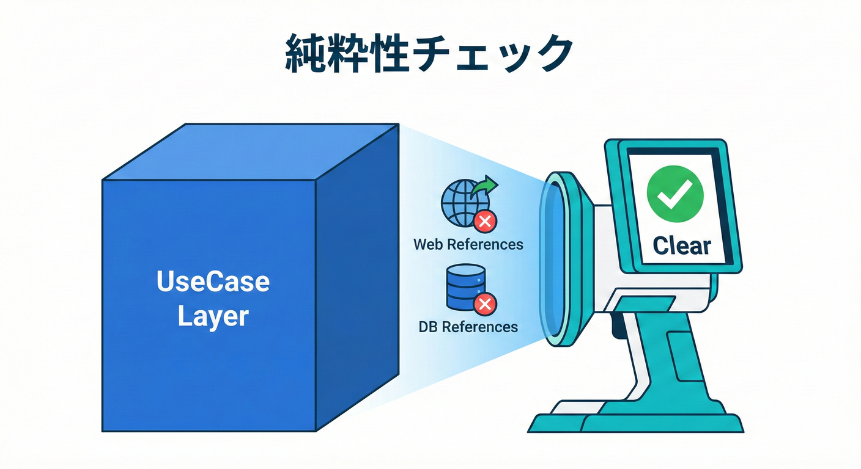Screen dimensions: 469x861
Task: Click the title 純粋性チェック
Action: coord(429,56)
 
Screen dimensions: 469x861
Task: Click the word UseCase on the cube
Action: coord(213,282)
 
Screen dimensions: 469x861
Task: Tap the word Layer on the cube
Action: coord(213,317)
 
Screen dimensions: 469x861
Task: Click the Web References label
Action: coord(468,245)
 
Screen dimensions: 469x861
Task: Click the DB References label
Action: coord(468,327)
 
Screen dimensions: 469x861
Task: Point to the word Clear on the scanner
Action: coord(681,246)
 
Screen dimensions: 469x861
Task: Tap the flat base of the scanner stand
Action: coord(636,421)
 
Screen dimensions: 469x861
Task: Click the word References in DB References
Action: coord(479,327)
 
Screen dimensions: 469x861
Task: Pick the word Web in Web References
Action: coord(428,245)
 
